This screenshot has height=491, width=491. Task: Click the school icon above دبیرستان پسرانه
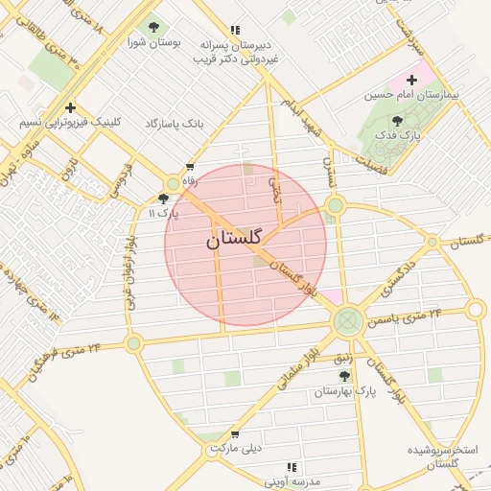point(236,31)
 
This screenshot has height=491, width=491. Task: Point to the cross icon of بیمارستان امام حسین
point(413,81)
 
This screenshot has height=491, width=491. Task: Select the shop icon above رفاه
point(190,167)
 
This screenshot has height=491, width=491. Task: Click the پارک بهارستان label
point(341,391)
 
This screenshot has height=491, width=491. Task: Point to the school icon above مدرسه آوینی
point(265,467)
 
